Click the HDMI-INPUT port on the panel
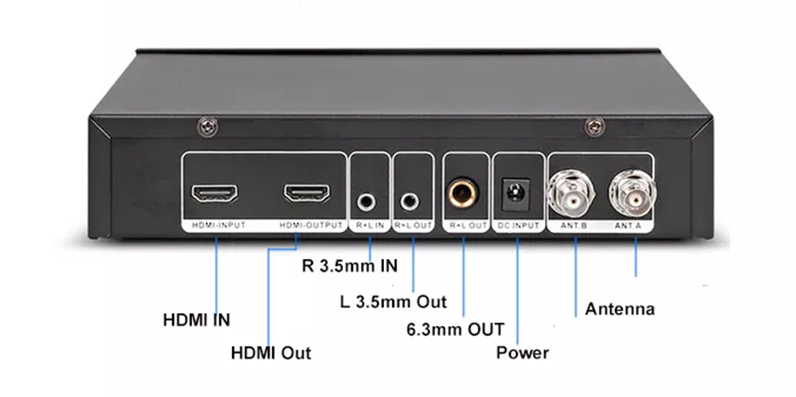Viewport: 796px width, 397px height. pyautogui.click(x=215, y=194)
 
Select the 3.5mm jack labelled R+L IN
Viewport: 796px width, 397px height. pyautogui.click(x=369, y=198)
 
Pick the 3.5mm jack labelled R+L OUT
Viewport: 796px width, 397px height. pyautogui.click(x=412, y=198)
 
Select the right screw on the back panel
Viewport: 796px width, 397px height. pyautogui.click(x=593, y=126)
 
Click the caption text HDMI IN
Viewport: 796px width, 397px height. pyautogui.click(x=196, y=320)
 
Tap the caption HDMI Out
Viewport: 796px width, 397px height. pyautogui.click(x=271, y=354)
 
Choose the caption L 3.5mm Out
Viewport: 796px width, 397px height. pyautogui.click(x=393, y=301)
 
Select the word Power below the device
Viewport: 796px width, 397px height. pyautogui.click(x=522, y=353)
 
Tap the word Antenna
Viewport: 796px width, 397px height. pyautogui.click(x=619, y=309)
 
